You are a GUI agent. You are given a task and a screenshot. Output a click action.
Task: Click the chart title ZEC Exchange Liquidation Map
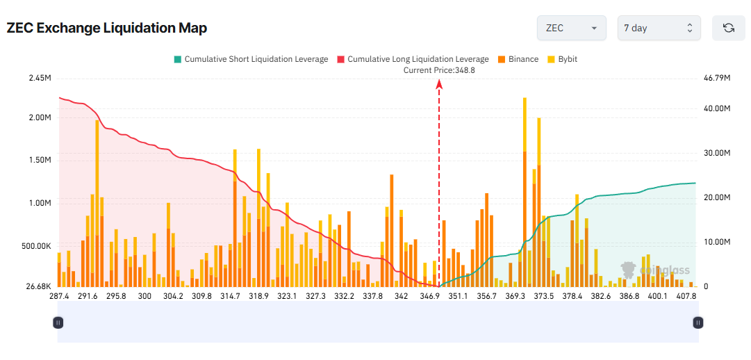(x=107, y=28)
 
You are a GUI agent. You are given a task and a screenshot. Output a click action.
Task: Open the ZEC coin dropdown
(x=571, y=28)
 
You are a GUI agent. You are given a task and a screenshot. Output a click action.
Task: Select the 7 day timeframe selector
(x=659, y=28)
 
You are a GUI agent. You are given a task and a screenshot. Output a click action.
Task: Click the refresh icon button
(x=728, y=28)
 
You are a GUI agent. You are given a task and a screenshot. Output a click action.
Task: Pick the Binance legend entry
(x=518, y=59)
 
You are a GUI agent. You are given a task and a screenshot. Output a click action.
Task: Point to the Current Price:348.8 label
(x=439, y=70)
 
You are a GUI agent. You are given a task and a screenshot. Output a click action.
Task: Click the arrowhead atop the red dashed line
(x=439, y=83)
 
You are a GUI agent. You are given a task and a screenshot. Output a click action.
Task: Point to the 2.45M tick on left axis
(x=40, y=78)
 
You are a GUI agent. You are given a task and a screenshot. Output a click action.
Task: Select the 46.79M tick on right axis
(x=717, y=78)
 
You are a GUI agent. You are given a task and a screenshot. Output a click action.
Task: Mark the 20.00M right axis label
(x=717, y=197)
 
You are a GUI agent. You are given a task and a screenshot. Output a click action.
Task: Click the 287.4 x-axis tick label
(x=59, y=296)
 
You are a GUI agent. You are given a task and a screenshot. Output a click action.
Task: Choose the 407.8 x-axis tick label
(x=686, y=296)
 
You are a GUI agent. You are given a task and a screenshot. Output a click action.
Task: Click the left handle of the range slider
(x=58, y=322)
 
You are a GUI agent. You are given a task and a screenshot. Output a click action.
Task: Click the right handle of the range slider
(x=698, y=322)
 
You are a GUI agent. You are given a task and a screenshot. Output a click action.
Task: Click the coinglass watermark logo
(x=646, y=270)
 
